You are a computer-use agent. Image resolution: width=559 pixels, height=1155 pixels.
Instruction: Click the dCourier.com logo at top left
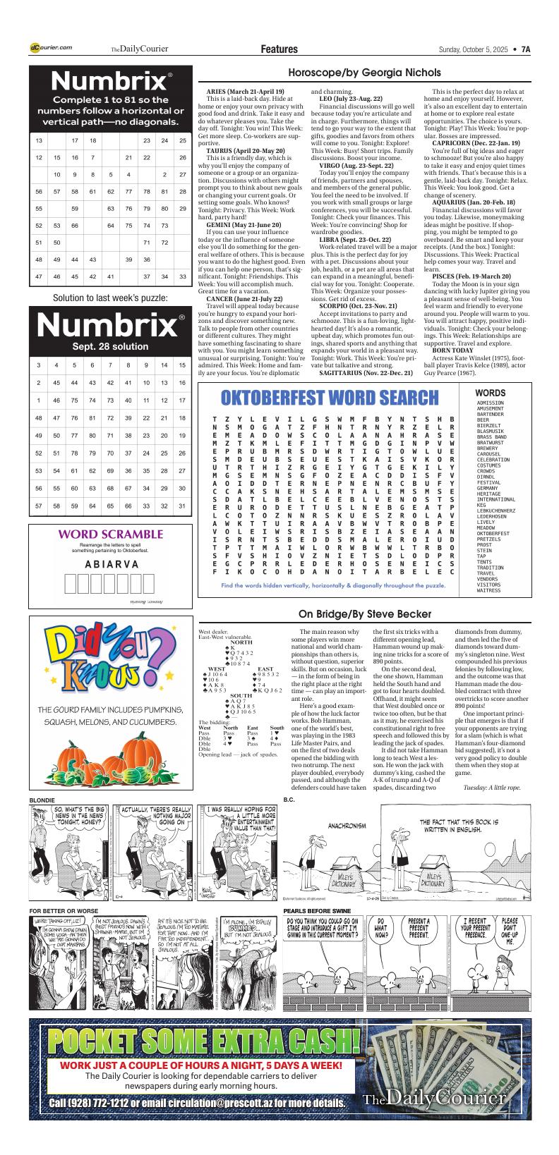coord(51,48)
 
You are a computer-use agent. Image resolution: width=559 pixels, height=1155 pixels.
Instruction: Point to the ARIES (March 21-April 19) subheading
coord(245,92)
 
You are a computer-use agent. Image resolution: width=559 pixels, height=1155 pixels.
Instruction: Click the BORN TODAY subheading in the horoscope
coord(452,350)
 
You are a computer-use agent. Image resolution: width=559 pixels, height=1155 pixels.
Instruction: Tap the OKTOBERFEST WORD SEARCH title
coord(330,398)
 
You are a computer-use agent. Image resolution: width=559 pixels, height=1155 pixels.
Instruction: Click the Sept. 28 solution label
coord(110,347)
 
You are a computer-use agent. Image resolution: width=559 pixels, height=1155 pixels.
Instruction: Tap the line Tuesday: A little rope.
coord(492,787)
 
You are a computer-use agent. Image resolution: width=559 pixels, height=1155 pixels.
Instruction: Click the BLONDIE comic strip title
coord(42,800)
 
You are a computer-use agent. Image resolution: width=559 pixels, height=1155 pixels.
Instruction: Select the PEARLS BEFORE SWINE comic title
coord(317,911)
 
